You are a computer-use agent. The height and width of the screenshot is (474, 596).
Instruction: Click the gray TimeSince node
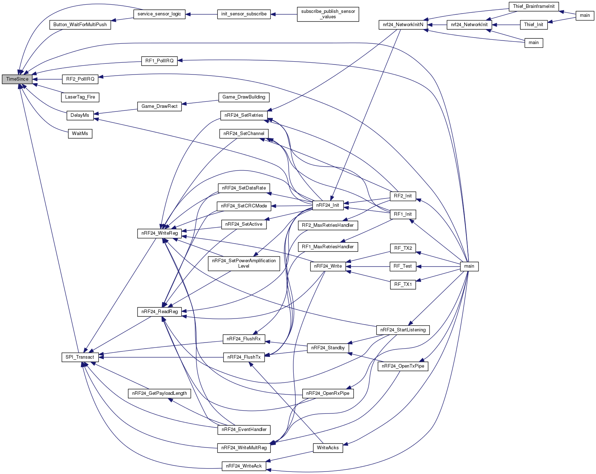click(x=17, y=79)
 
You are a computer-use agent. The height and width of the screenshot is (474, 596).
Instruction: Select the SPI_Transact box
click(x=80, y=357)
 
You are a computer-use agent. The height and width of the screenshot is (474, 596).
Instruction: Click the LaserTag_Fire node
click(x=80, y=97)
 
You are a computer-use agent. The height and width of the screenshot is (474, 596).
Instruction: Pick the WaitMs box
click(x=80, y=134)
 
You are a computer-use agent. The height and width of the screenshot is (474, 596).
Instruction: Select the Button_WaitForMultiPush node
click(x=80, y=25)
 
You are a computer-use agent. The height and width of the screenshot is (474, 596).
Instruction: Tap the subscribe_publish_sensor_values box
click(x=328, y=14)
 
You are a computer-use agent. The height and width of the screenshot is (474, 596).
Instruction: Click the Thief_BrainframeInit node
click(x=534, y=6)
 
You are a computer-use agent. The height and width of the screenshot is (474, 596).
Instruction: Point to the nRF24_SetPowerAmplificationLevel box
click(x=244, y=263)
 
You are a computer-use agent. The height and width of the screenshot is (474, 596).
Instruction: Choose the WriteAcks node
click(x=328, y=448)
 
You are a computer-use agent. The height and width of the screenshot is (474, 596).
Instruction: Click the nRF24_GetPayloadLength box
click(x=160, y=393)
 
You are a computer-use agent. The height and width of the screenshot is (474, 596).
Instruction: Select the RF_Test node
click(x=403, y=266)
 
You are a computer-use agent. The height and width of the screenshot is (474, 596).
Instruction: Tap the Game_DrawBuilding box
click(x=244, y=97)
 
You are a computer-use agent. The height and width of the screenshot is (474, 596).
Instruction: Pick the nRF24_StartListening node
click(x=403, y=330)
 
